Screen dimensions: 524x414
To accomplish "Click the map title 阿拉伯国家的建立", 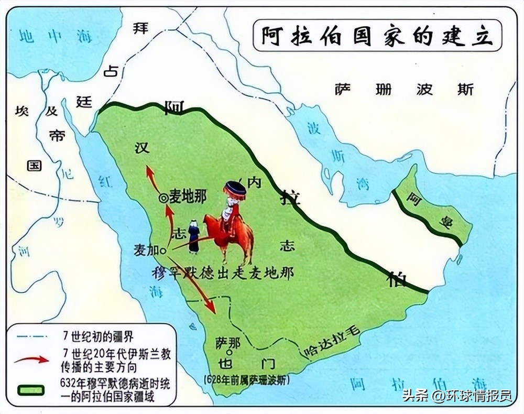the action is (x=377, y=36).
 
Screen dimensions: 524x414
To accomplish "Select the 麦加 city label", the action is (x=146, y=250).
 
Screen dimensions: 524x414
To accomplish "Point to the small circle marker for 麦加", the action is (x=163, y=251).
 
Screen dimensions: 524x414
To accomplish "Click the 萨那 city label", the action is (x=227, y=342).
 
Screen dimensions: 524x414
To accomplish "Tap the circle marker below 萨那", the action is (x=229, y=353).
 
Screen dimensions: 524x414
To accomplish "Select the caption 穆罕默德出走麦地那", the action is (x=222, y=273).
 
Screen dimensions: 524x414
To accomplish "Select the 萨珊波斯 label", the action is (x=404, y=90).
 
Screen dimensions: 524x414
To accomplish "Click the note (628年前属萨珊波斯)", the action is (x=246, y=378).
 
